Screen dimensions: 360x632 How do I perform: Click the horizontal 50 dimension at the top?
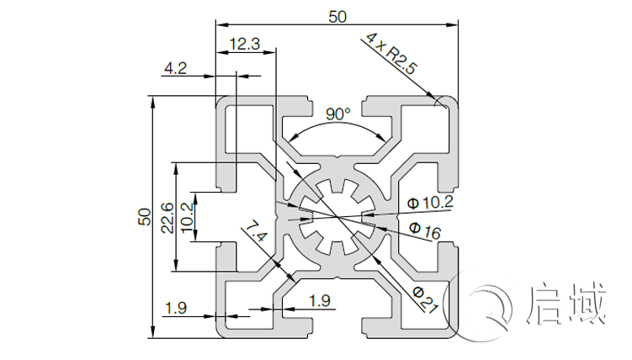pos(337,16)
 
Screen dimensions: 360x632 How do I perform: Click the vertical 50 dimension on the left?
pos(144,216)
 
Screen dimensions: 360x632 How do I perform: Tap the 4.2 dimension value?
pos(175,68)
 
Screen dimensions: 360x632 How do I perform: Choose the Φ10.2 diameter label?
pos(430,202)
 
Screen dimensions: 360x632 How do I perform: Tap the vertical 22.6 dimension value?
pos(167,217)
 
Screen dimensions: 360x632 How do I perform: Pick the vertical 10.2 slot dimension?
pos(187,217)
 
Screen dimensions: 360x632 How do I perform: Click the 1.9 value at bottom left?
pos(176,308)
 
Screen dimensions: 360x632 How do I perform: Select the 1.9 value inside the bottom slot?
pos(320,300)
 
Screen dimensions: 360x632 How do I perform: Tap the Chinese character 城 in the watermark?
pos(588,304)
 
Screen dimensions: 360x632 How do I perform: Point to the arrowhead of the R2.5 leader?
pos(443,105)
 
